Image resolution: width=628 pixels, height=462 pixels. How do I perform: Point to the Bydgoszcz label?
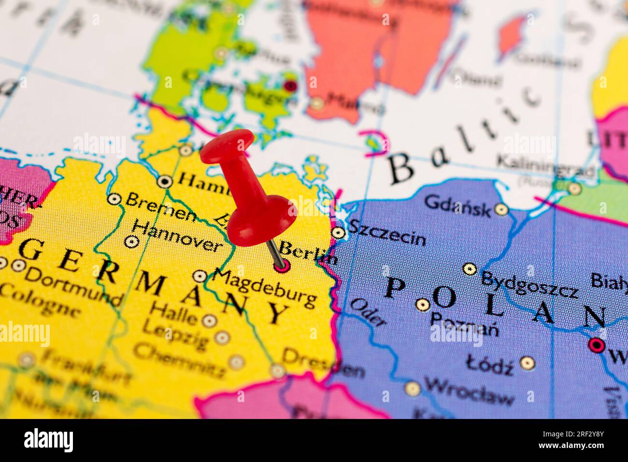pos(529,285)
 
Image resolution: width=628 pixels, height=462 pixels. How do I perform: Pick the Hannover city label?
pos(177,236)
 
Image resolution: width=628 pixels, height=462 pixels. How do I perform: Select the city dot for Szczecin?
pos(339,233)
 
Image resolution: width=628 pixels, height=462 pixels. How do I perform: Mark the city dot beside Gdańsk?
pos(501,210)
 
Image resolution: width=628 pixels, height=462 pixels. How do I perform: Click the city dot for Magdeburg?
pos(200,276)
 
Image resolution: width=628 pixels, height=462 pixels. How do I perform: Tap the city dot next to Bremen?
pos(114,199)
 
